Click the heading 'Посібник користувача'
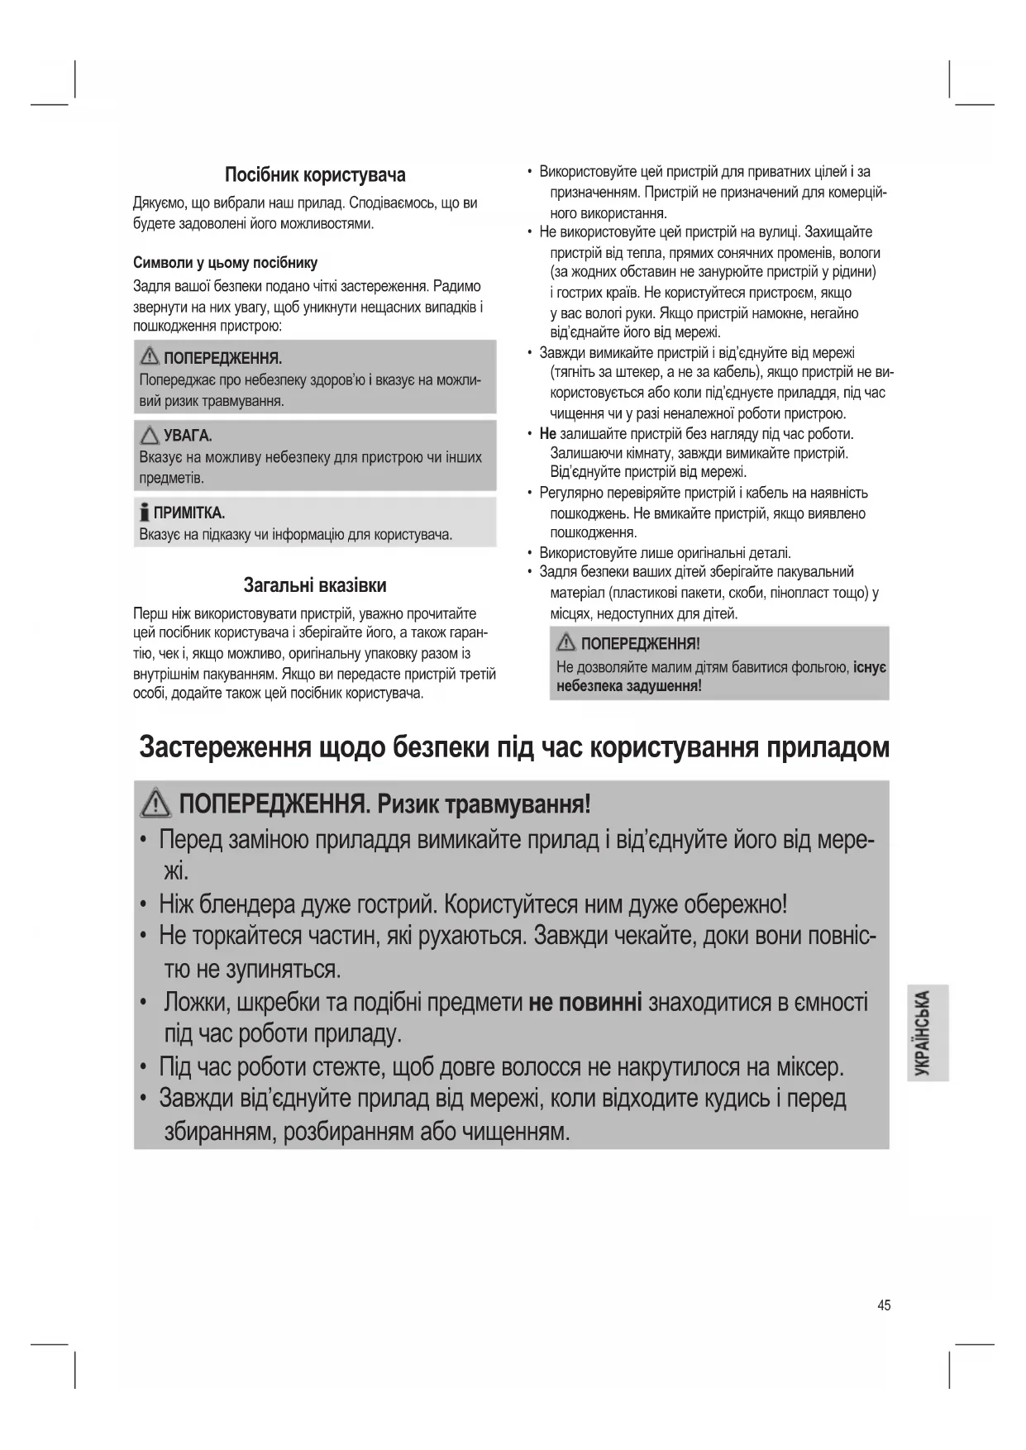point(315,175)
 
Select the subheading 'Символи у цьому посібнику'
point(225,263)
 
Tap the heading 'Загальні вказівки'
point(315,585)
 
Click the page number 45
point(884,1305)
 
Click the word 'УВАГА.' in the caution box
point(188,436)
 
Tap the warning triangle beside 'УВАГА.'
point(150,435)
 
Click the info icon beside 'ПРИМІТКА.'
point(146,513)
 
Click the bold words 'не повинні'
point(585,1003)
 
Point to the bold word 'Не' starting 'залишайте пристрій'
point(547,434)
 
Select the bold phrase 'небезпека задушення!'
point(629,686)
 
